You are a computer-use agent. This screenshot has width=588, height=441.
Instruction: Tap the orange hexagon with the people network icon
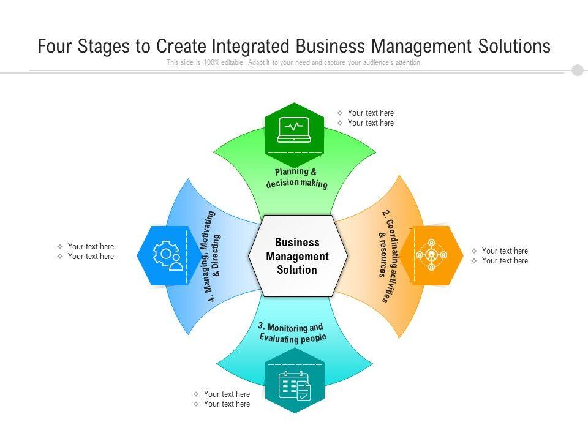coord(431,255)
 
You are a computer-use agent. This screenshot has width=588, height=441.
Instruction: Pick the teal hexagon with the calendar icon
coord(295,380)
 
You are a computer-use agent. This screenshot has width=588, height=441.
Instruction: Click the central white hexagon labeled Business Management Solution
coord(297,256)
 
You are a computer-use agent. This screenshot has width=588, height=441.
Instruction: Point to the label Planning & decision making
coord(296,178)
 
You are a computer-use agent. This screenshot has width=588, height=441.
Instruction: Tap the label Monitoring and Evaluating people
coord(292,333)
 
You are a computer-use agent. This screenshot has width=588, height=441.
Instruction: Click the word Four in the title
coord(56,47)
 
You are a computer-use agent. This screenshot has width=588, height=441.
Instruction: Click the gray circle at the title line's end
coord(578,70)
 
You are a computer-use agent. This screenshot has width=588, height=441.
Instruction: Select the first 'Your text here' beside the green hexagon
coord(371,113)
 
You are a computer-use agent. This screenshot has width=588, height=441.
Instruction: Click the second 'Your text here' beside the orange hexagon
coord(505,260)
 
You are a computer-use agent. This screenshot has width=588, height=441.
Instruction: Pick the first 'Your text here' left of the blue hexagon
coord(91,246)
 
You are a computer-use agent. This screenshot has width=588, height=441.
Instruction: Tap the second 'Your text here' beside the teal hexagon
coord(227,404)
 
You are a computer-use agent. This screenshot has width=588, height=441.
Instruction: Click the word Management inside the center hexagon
coord(297,256)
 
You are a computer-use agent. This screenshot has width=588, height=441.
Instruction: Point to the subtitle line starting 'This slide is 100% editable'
coord(294,62)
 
